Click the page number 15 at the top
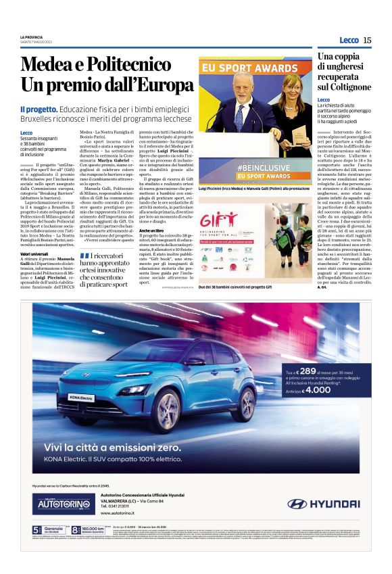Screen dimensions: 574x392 pyautogui.click(x=367, y=41)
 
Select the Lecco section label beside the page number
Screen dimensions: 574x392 pyautogui.click(x=349, y=41)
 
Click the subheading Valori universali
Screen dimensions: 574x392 pyautogui.click(x=34, y=254)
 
